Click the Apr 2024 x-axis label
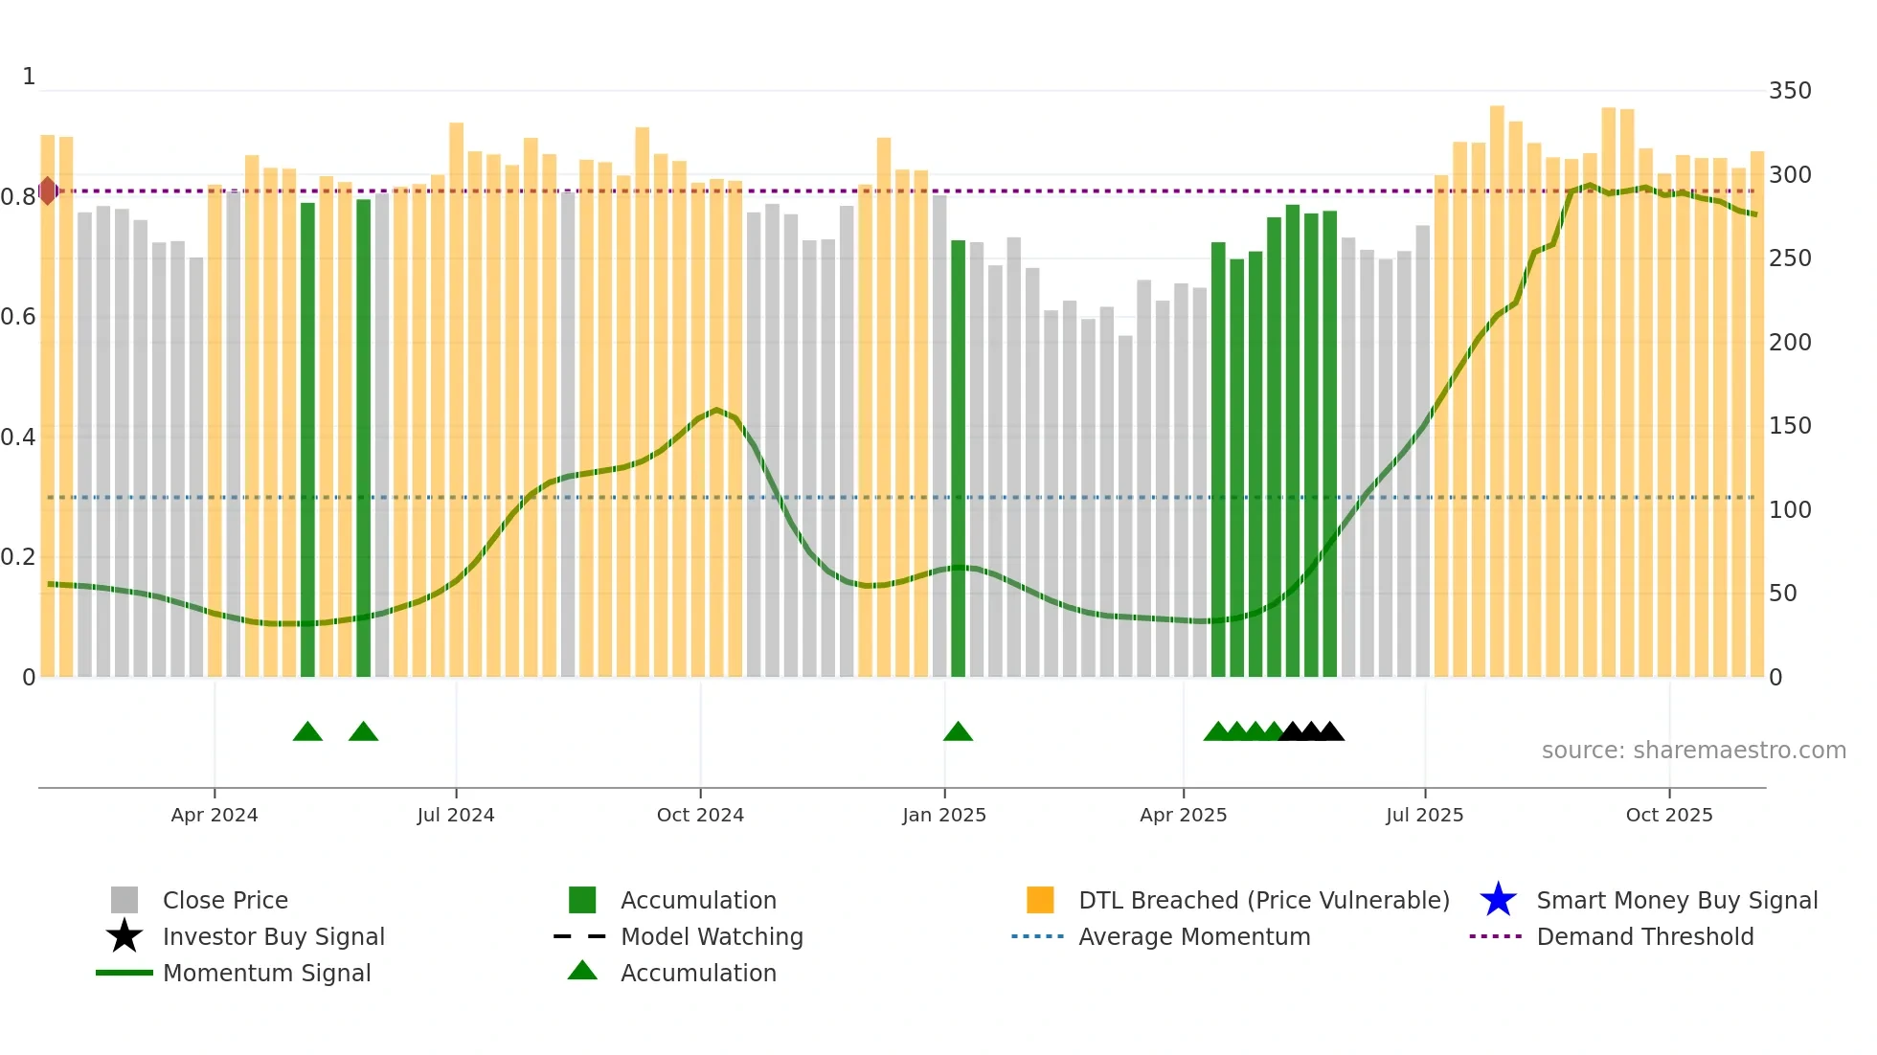214,815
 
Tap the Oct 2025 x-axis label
1668,815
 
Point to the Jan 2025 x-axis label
943,815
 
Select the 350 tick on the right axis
1789,91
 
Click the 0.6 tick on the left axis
18,317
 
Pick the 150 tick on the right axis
1789,426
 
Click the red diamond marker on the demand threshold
48,191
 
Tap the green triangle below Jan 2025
958,732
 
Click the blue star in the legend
1498,900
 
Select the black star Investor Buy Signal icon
124,936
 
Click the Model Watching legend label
712,936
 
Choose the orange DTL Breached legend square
1040,900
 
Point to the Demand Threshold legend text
1644,936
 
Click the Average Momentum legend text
1193,936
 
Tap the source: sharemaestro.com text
1693,751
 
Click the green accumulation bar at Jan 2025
958,460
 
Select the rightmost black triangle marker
1330,732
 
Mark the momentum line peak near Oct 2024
716,410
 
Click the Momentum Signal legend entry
266,973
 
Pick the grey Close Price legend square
124,900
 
